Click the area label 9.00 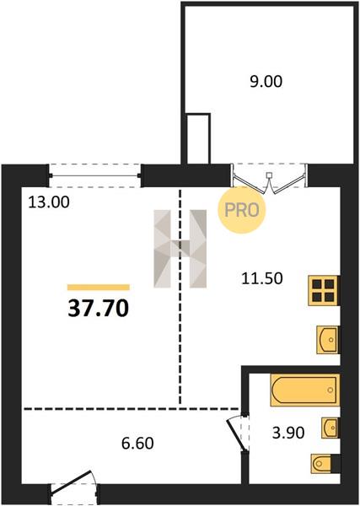[266, 81]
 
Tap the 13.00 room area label [49, 202]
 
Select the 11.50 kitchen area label [262, 278]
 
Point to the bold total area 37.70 [99, 308]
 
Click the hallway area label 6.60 [137, 444]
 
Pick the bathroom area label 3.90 [288, 433]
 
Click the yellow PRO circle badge [242, 210]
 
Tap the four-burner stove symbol [324, 290]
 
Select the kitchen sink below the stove [328, 340]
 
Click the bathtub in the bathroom [305, 390]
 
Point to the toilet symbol [325, 464]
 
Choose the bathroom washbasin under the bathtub [330, 428]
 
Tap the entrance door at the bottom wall [73, 486]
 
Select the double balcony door [269, 180]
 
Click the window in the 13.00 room [94, 176]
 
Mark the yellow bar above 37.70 [99, 288]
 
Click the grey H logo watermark [180, 249]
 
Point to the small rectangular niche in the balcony [199, 139]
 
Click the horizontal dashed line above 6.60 [132, 409]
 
